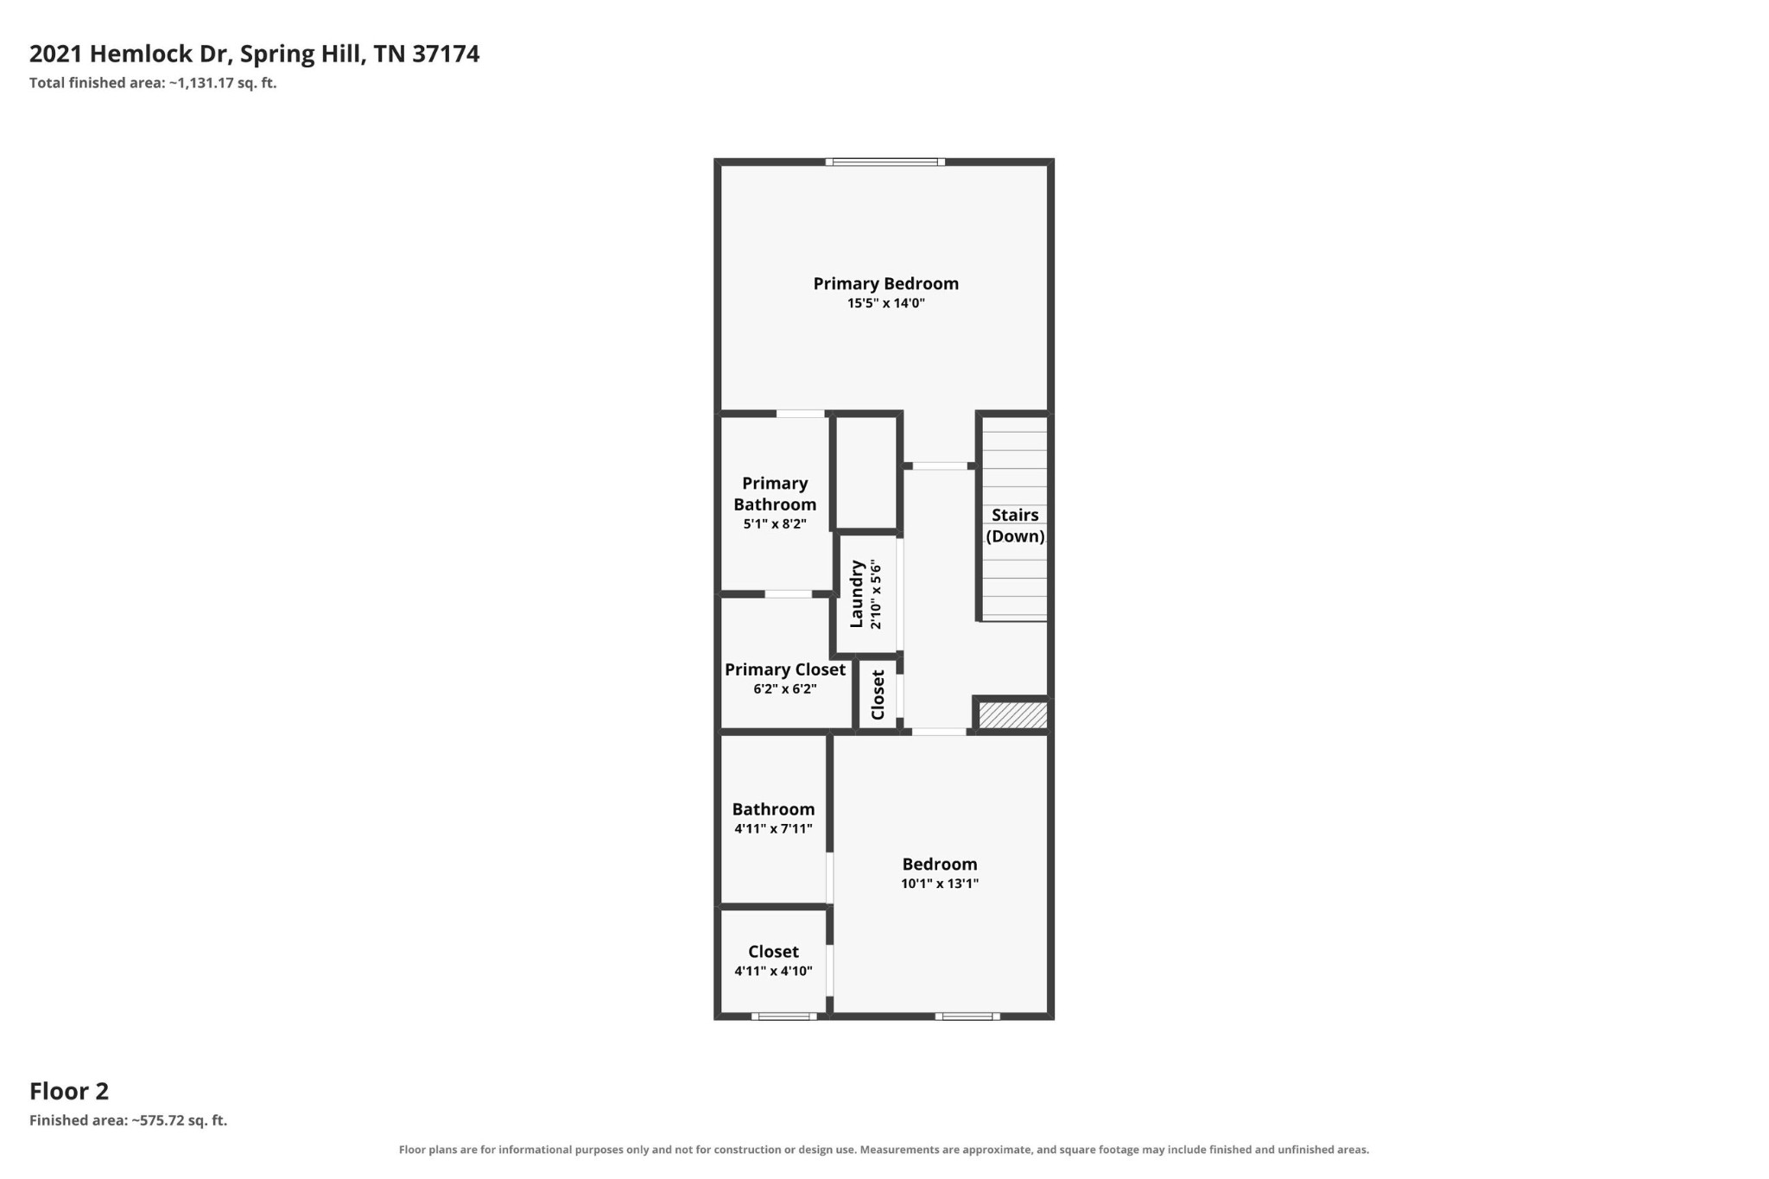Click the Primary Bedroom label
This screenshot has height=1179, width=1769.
click(885, 283)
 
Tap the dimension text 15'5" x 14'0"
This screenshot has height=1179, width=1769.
click(885, 303)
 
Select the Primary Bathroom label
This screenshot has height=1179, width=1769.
click(775, 494)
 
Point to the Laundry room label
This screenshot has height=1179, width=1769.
click(857, 594)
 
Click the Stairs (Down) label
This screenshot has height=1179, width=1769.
click(1015, 525)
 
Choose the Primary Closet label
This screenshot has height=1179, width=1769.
click(784, 669)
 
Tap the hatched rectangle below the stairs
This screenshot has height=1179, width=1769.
click(1012, 715)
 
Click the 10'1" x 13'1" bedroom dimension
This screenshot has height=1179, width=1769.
click(940, 884)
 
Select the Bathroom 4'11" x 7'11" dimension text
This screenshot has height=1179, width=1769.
click(773, 828)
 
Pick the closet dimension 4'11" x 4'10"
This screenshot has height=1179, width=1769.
click(773, 971)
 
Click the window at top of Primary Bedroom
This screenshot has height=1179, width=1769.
click(884, 162)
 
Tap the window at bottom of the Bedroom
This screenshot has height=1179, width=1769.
click(967, 1017)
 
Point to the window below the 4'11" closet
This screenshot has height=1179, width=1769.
click(783, 1017)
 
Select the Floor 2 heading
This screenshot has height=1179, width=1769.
click(69, 1091)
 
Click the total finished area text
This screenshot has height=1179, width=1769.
click(153, 83)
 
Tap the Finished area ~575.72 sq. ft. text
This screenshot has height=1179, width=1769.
click(128, 1120)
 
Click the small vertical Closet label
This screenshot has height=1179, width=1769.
click(878, 694)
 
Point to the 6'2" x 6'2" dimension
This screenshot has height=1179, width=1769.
click(784, 689)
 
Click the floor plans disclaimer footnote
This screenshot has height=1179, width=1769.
click(884, 1150)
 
